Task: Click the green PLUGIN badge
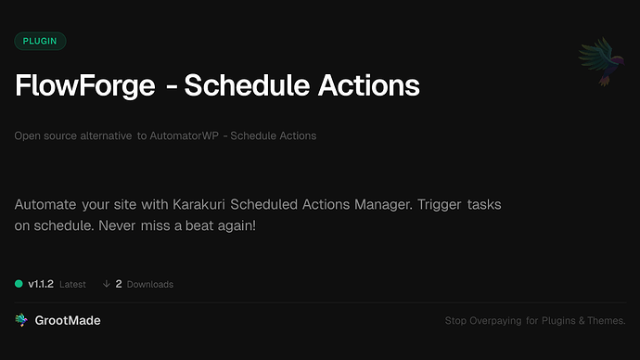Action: tap(40, 41)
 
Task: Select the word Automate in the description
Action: tap(46, 203)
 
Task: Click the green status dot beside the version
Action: tap(19, 284)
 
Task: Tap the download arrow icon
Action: tap(107, 284)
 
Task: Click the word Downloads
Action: tap(149, 284)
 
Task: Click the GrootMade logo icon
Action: tap(21, 320)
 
